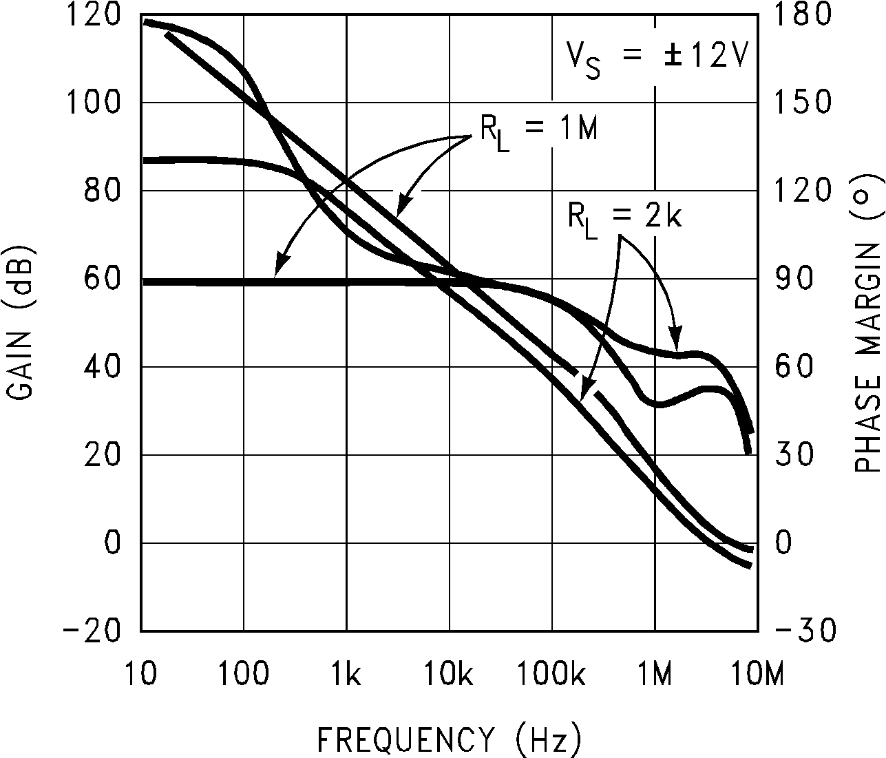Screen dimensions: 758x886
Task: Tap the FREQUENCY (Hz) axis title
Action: pos(449,739)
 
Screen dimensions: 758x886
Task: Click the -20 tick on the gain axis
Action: pos(94,631)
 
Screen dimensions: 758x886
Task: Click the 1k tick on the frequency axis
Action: pos(346,675)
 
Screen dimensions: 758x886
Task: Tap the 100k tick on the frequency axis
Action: pos(552,675)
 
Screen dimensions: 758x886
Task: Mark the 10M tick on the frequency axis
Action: pos(757,675)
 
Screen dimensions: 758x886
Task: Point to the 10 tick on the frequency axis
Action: pos(141,675)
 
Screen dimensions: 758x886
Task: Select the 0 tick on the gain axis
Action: pos(112,543)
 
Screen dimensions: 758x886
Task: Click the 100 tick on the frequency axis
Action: pos(244,675)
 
